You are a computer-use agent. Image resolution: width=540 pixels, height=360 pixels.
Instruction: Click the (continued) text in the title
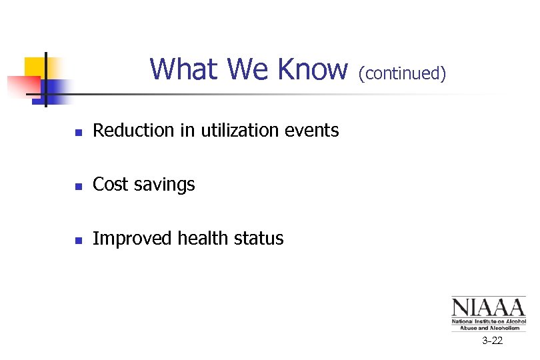click(402, 73)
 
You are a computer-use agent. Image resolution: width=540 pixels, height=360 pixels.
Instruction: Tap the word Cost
click(109, 185)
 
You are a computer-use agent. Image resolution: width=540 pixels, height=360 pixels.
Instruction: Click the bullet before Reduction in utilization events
click(79, 132)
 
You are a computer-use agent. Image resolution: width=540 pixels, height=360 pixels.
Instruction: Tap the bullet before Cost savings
click(79, 186)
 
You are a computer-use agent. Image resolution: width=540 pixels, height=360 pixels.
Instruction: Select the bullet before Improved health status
click(79, 240)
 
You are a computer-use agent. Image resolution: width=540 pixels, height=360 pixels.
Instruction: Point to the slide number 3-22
click(493, 341)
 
